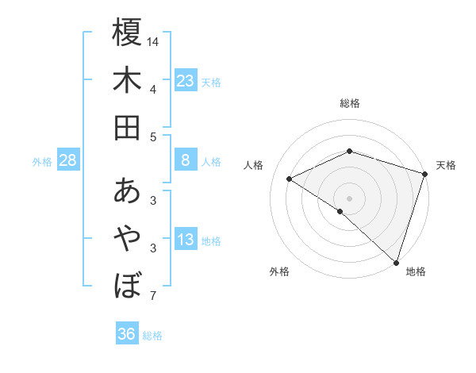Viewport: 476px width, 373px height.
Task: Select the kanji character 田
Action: (x=127, y=127)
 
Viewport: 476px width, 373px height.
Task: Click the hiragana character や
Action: (x=127, y=237)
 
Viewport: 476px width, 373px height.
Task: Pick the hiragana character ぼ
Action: (x=127, y=284)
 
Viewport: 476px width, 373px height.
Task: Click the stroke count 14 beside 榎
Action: (x=153, y=41)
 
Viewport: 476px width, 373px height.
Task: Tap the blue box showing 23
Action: (x=185, y=80)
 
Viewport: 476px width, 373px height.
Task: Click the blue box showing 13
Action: (x=185, y=240)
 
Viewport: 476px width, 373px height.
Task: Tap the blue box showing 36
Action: (x=127, y=334)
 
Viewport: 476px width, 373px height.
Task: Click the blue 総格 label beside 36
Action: (x=153, y=336)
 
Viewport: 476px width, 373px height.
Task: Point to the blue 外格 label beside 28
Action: (x=42, y=162)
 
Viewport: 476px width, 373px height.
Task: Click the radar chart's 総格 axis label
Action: (x=350, y=103)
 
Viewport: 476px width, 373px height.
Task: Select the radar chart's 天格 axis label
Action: (x=447, y=165)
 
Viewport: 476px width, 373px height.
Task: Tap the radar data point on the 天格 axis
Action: (x=425, y=172)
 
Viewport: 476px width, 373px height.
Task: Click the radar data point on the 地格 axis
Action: (x=396, y=261)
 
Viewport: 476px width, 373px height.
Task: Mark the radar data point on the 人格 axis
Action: (x=290, y=179)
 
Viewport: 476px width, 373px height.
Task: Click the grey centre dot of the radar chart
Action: (x=349, y=197)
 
